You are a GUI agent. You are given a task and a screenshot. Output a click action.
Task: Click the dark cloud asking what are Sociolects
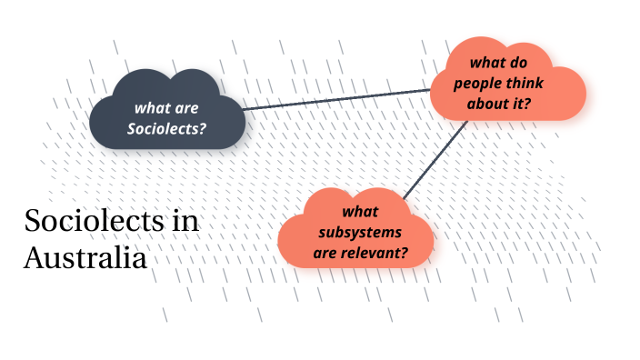coord(167,114)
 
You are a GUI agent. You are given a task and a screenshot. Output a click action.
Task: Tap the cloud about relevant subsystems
coord(359,231)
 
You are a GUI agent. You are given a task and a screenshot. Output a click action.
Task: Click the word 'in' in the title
coord(185,222)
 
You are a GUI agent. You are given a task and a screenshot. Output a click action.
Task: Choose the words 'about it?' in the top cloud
coord(499,104)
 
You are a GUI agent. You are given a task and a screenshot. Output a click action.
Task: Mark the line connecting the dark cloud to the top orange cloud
coord(336,99)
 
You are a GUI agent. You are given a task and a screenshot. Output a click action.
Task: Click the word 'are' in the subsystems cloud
coord(326,252)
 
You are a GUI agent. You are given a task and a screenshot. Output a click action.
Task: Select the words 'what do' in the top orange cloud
coord(498,64)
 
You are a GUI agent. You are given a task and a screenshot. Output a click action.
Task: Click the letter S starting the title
coord(32,222)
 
